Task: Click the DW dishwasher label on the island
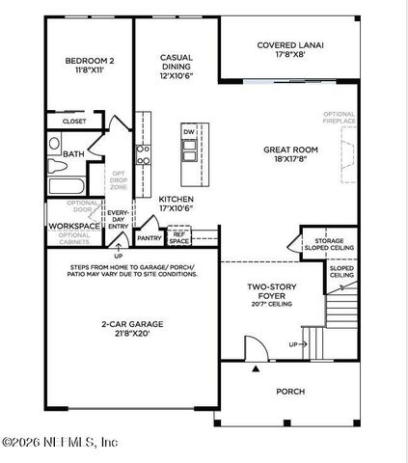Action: [x=189, y=130]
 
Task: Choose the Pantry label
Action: [x=149, y=237]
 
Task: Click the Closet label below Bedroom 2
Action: [x=75, y=122]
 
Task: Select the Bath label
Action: [x=73, y=154]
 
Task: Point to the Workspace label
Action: [x=74, y=226]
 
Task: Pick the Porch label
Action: [x=289, y=392]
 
